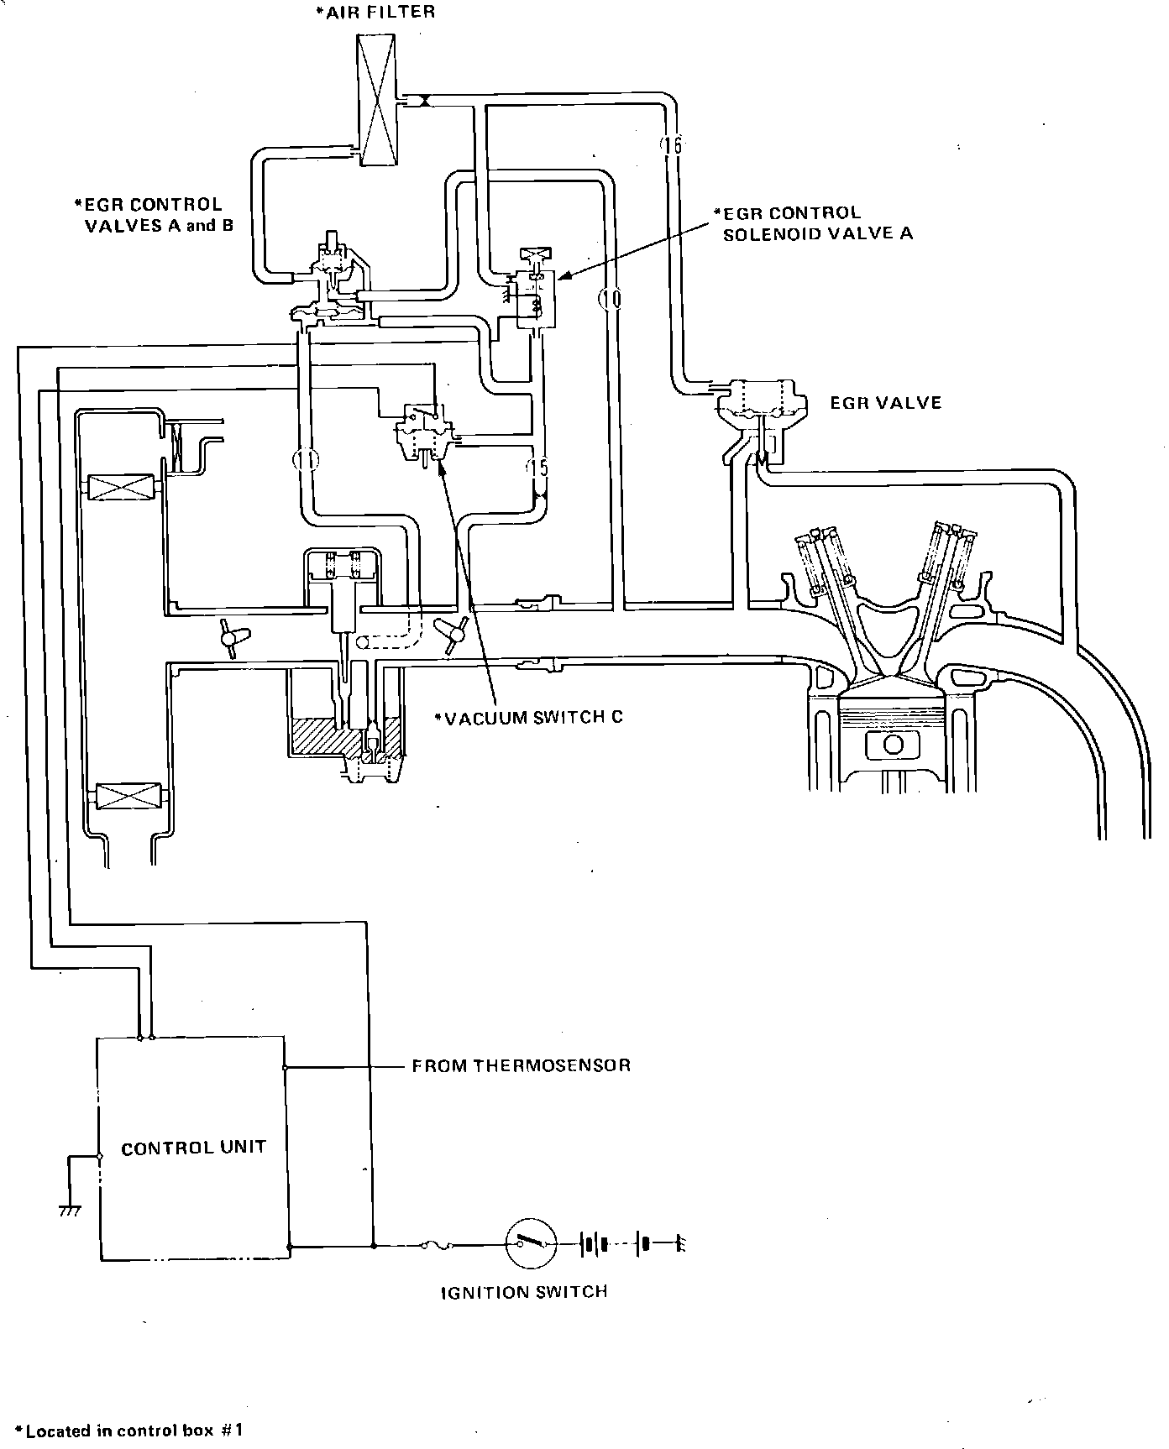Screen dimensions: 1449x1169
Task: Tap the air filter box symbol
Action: (378, 101)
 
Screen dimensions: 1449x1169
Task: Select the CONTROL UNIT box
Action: (192, 1148)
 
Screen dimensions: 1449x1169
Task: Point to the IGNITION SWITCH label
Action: (524, 1292)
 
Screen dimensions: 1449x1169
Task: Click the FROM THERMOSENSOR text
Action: (521, 1066)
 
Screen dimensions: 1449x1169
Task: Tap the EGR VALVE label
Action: (886, 403)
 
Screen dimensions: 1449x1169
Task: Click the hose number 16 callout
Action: (671, 145)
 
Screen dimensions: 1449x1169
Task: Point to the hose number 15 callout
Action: (537, 467)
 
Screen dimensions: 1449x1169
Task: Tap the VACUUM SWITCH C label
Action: (529, 718)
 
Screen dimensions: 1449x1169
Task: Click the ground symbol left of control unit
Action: (70, 1211)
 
